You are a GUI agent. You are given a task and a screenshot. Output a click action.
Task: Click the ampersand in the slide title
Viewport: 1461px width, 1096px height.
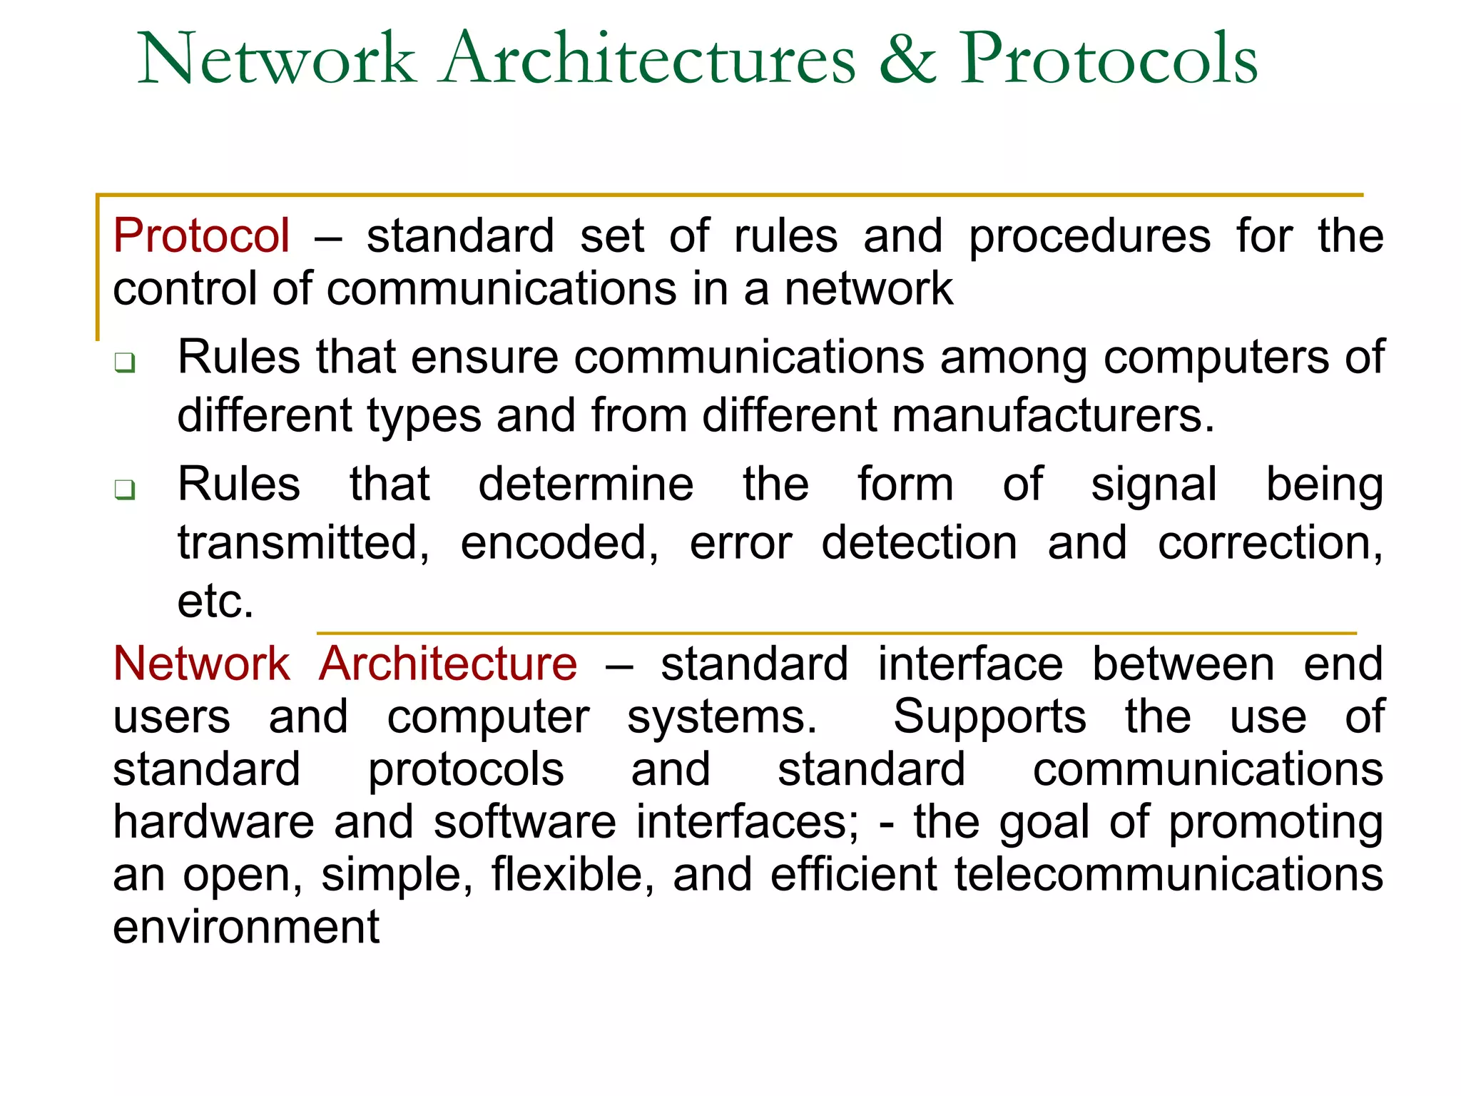click(907, 59)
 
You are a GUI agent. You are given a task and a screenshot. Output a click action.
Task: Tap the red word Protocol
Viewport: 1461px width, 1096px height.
click(202, 235)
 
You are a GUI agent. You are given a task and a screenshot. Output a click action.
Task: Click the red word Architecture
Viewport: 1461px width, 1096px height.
click(448, 664)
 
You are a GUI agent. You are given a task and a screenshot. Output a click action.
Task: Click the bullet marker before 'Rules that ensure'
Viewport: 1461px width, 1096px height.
click(125, 363)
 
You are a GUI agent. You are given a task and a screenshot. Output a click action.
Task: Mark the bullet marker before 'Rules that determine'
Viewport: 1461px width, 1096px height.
click(125, 490)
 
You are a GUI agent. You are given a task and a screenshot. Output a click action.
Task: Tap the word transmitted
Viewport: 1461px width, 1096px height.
click(303, 543)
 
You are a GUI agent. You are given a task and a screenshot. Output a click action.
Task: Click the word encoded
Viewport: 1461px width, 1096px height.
click(559, 543)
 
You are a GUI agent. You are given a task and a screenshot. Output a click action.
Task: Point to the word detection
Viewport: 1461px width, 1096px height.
click(920, 543)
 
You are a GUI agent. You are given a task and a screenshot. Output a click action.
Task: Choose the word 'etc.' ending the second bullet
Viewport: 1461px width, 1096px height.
click(215, 601)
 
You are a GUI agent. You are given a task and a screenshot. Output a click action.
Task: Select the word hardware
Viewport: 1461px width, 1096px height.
click(213, 821)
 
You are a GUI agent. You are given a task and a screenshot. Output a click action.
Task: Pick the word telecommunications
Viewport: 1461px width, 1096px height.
click(1169, 874)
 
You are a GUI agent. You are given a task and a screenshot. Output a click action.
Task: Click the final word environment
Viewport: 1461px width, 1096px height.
click(246, 927)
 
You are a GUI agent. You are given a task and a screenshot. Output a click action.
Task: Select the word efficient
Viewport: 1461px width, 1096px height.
click(853, 874)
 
